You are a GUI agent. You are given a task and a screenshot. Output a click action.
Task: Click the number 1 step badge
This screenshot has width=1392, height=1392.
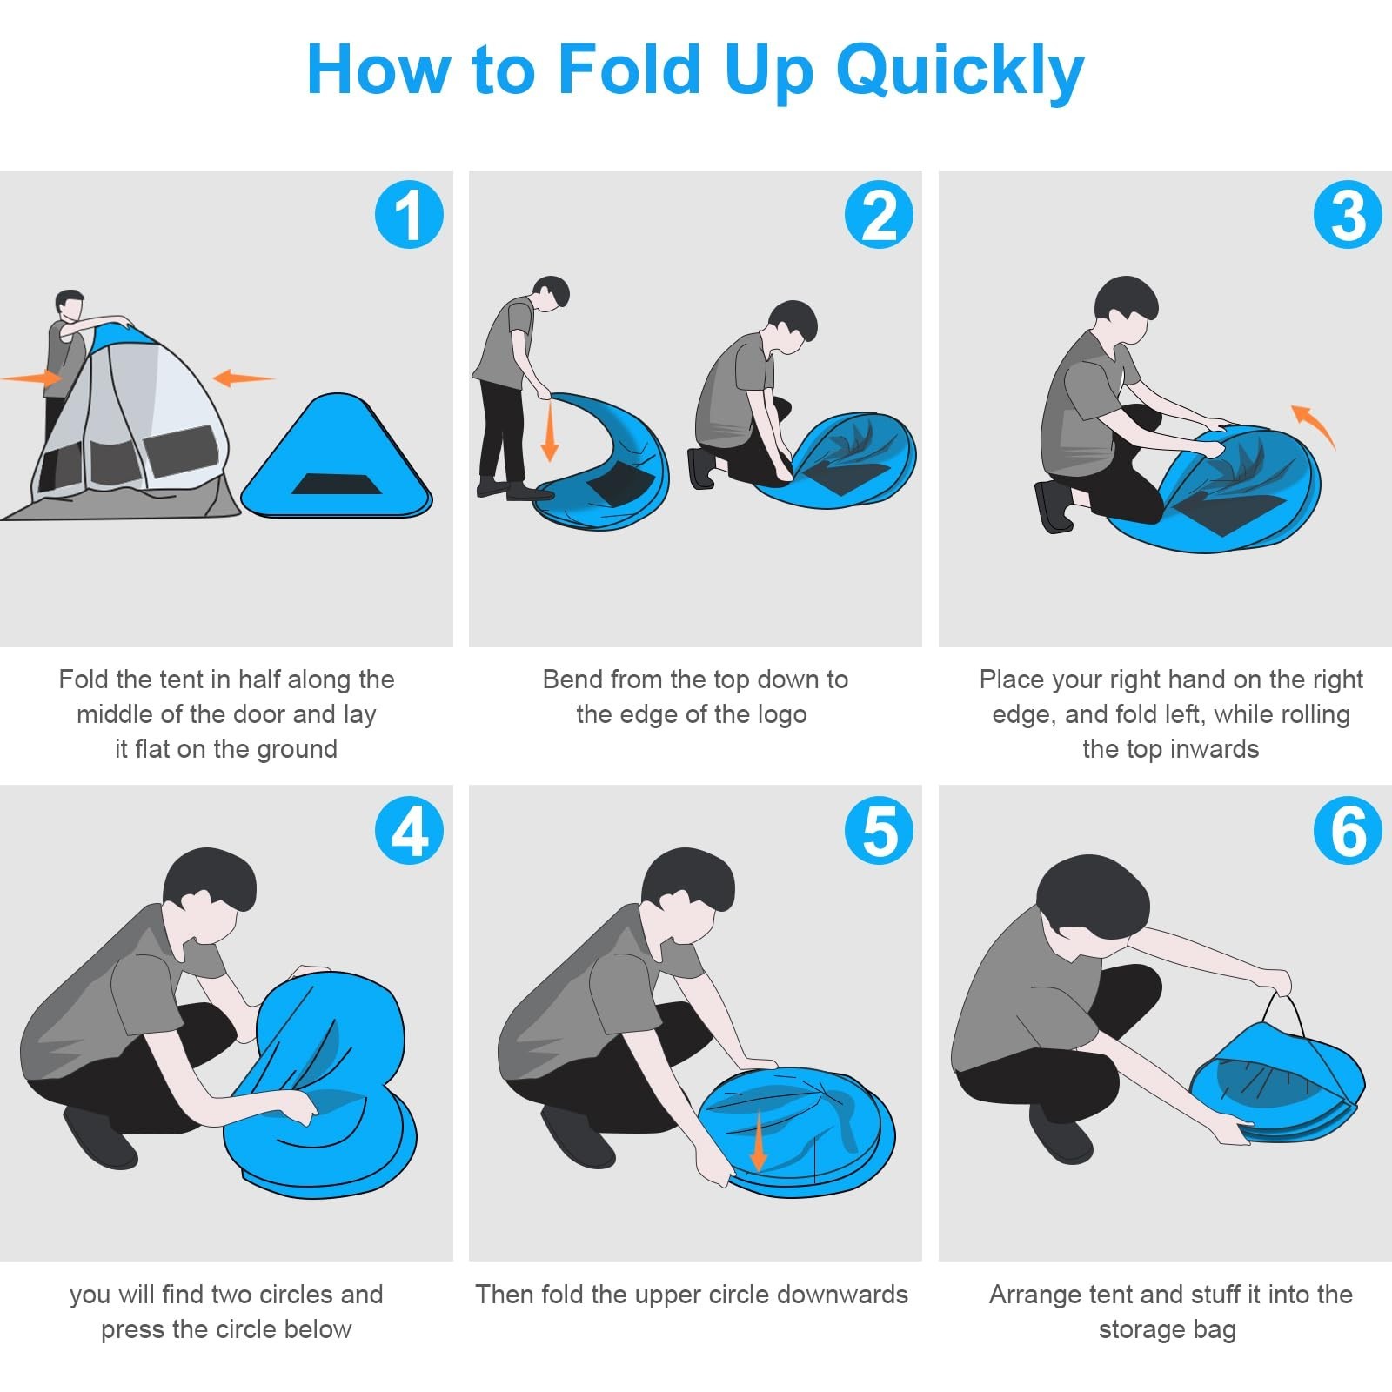[409, 215]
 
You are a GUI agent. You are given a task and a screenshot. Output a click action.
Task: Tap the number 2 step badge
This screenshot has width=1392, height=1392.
[879, 215]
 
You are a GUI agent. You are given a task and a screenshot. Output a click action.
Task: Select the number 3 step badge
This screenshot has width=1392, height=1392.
[1348, 215]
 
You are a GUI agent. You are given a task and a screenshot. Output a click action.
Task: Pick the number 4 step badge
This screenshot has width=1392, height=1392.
[409, 830]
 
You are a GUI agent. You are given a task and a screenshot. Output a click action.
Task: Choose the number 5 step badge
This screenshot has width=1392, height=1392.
[879, 830]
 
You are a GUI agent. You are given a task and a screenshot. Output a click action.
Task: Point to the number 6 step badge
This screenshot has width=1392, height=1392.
[1348, 830]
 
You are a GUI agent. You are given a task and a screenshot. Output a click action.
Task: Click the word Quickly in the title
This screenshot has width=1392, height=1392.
[960, 71]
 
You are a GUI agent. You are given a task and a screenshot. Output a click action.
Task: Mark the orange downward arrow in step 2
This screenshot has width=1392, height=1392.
[549, 431]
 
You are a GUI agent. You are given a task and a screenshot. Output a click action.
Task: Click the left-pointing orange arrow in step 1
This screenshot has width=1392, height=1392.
[244, 378]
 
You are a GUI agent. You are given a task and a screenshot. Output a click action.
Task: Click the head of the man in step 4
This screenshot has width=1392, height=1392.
[210, 893]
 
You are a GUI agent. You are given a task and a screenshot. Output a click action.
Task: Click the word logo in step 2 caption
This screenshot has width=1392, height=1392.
[778, 715]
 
